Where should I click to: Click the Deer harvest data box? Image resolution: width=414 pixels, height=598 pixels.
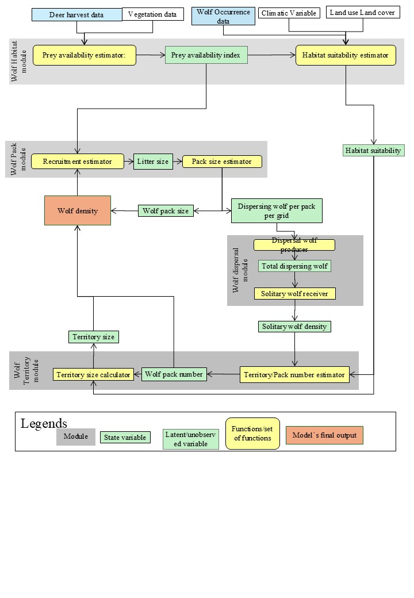76,14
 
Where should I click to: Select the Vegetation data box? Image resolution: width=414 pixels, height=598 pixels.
153,14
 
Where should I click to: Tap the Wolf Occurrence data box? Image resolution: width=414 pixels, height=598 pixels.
223,16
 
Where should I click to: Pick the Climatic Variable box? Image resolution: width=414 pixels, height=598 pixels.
289,13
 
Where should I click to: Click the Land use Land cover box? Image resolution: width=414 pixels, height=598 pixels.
362,12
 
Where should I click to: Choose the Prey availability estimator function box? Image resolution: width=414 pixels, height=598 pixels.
85,55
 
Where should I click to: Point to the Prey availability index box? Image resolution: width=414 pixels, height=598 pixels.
206,55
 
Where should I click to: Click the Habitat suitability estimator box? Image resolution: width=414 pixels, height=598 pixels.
346,55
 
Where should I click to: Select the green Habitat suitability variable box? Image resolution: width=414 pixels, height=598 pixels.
373,151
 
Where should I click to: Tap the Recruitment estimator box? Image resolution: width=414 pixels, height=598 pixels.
78,162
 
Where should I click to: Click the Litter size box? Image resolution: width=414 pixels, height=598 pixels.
153,162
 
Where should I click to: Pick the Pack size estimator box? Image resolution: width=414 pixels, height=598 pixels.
222,162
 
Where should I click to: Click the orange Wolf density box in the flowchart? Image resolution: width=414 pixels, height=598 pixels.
78,210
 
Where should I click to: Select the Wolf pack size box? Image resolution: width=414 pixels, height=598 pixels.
166,211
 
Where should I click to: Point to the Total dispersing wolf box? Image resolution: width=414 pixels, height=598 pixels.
294,266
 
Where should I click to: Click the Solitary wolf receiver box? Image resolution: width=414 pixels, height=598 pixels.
294,294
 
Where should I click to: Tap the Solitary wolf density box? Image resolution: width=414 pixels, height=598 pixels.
294,327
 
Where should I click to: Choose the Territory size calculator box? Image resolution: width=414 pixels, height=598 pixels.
93,374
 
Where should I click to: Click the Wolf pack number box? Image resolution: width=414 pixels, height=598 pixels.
174,374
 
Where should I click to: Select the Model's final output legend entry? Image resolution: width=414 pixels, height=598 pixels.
324,435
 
